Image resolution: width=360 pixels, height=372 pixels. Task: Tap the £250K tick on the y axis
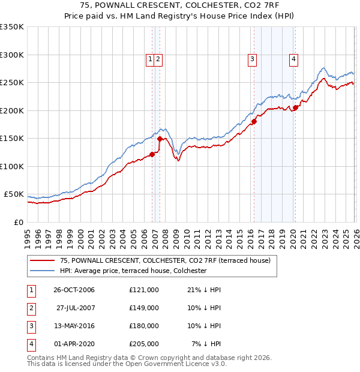coord(12,83)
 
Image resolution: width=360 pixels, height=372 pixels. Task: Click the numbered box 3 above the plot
coord(252,59)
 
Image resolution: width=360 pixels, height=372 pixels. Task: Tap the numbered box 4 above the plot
coord(293,59)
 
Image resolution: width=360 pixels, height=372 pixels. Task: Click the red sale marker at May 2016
coord(254,122)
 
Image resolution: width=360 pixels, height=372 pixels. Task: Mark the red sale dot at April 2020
coord(295,108)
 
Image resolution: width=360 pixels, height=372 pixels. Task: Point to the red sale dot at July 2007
coord(160,139)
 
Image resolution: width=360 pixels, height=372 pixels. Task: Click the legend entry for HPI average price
coord(133,271)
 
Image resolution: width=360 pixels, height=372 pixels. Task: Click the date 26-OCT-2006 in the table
coord(74,290)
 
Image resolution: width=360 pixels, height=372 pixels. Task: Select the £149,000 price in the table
coord(143,308)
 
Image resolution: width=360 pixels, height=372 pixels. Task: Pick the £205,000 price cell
coord(143,344)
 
